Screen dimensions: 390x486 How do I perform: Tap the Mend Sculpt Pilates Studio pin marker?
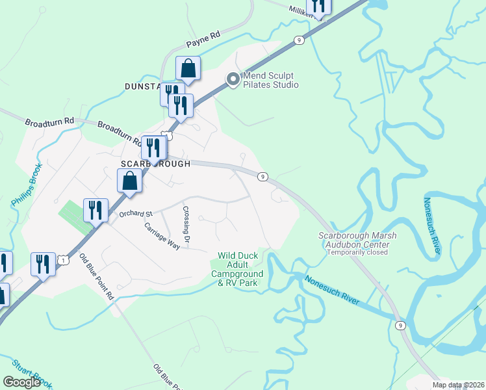pos(233,80)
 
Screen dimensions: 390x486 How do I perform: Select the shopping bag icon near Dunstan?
pos(188,68)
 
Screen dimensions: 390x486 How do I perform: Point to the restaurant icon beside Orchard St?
pos(96,210)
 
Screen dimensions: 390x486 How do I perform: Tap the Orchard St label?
pos(134,213)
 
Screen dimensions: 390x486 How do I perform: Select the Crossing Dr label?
pos(186,226)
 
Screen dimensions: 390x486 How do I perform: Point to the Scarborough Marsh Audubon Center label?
pos(357,239)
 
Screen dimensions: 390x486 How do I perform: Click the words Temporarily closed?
pos(358,252)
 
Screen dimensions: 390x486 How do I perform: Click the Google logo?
pos(21,382)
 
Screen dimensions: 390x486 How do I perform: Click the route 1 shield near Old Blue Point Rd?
pos(62,260)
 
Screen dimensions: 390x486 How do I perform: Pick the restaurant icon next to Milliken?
pos(318,5)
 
